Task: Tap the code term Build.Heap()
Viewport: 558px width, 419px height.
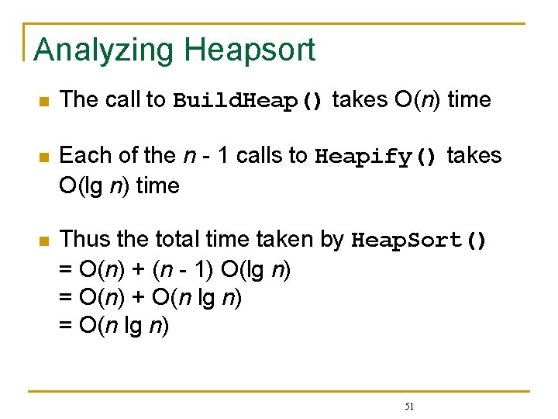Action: tap(248, 101)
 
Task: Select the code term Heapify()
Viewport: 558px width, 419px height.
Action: tap(377, 157)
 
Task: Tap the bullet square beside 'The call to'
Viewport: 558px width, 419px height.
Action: tap(44, 102)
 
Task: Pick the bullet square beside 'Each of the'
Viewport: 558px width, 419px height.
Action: tap(44, 158)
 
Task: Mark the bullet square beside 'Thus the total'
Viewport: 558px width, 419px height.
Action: tap(44, 241)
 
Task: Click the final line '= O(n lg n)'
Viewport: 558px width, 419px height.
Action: tap(114, 326)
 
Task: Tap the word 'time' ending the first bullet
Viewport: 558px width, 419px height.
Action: tap(470, 100)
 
